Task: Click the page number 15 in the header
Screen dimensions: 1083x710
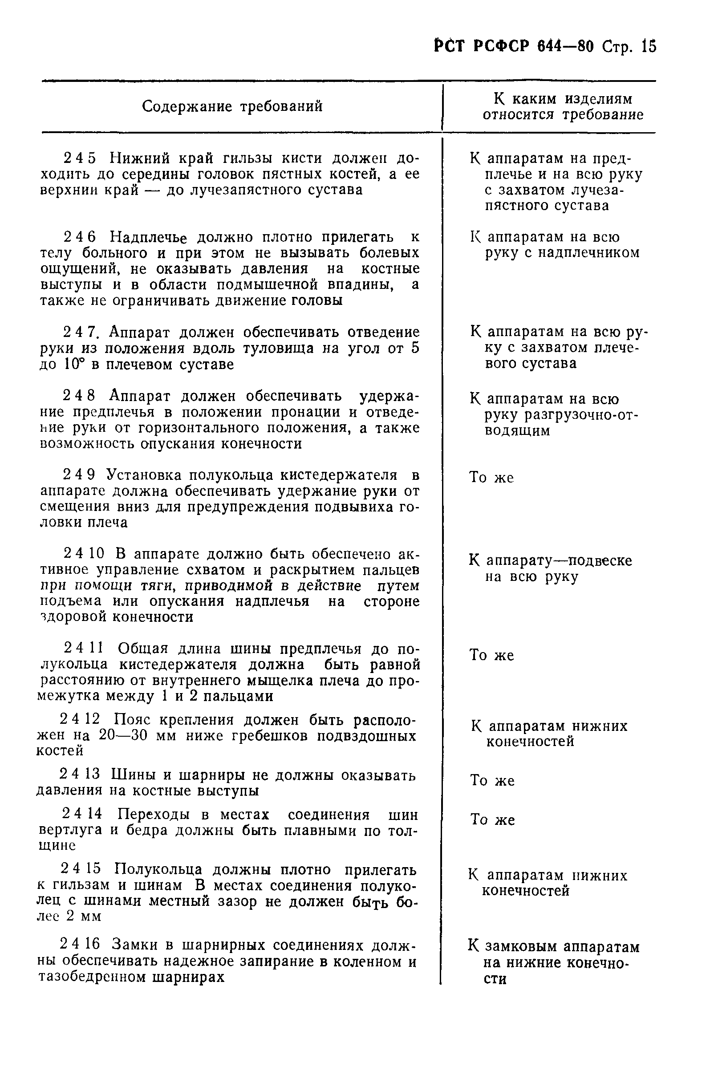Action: pos(649,47)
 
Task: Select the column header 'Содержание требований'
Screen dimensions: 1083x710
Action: pos(232,106)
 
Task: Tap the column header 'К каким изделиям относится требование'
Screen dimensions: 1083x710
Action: pos(563,107)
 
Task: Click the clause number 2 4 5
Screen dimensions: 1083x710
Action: pos(80,158)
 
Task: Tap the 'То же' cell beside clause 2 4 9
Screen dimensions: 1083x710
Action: pos(491,478)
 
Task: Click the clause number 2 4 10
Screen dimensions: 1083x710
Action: pos(84,554)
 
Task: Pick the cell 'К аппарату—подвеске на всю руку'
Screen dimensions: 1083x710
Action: pos(550,569)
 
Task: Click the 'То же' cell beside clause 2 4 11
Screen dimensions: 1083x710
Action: pos(491,656)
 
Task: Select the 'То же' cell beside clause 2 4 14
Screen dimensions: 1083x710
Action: pos(492,820)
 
